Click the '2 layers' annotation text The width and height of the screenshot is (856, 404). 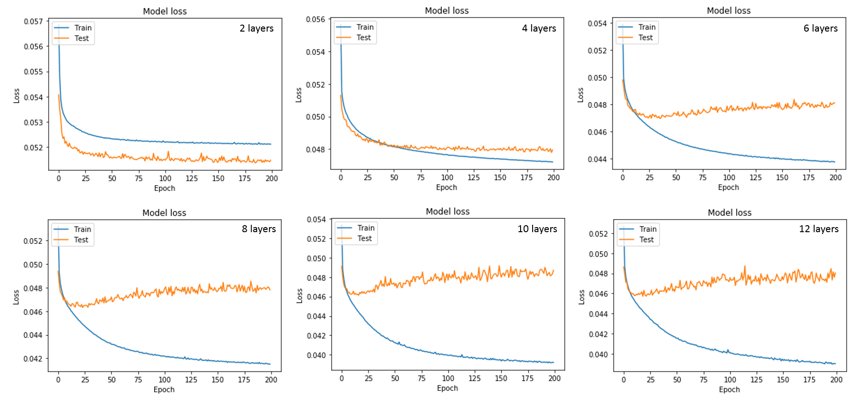[257, 28]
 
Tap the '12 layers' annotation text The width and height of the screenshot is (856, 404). [818, 229]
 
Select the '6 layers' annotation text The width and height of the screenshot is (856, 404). [820, 28]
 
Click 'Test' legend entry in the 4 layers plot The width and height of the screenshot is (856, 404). [363, 38]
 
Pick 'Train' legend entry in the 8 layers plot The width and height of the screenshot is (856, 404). [82, 229]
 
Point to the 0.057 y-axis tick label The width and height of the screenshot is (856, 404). [33, 21]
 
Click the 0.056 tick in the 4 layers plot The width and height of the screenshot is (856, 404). [315, 20]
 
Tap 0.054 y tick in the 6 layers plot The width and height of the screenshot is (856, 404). [597, 24]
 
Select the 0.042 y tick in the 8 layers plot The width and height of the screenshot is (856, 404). [33, 358]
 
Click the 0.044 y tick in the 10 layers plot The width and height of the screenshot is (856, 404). [316, 316]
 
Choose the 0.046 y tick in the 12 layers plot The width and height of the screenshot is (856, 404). [598, 293]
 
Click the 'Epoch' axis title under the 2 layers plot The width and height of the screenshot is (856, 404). [164, 188]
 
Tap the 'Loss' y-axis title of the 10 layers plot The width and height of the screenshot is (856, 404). [299, 296]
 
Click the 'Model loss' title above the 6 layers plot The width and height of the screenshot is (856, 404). [728, 11]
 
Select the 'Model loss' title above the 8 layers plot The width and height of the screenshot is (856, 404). [164, 213]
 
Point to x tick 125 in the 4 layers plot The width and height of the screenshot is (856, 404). [473, 177]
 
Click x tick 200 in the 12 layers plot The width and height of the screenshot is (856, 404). [836, 379]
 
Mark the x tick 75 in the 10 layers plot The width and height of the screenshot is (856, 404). [421, 378]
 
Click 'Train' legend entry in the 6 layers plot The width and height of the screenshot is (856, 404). [646, 27]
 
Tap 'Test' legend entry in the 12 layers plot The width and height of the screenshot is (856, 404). [646, 240]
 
